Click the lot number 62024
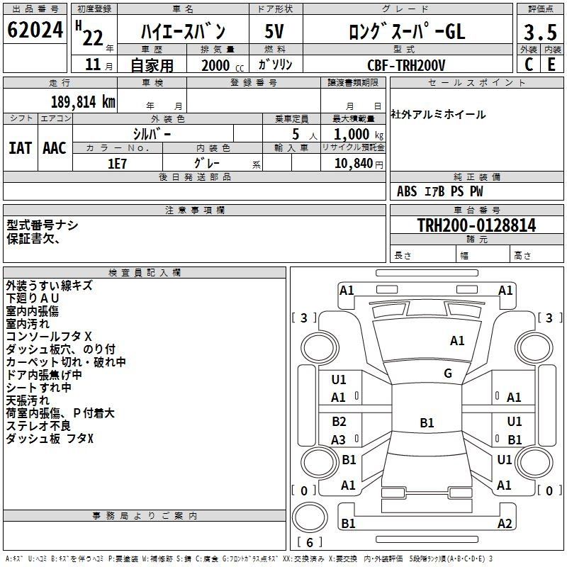point(35,30)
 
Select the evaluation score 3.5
point(540,32)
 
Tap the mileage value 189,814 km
point(83,102)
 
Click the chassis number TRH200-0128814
point(476,225)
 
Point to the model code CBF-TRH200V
point(406,65)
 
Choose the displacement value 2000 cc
point(223,66)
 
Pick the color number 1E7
point(117,164)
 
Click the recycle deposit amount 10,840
point(354,164)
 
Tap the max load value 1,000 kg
point(359,135)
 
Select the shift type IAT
point(20,148)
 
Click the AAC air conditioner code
point(55,148)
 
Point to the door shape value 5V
point(274,31)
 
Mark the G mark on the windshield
point(448,374)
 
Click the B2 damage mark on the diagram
point(339,422)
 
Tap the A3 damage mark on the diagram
point(339,439)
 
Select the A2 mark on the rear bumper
point(505,523)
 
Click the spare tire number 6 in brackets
point(310,542)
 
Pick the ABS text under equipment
point(407,191)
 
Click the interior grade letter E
point(551,64)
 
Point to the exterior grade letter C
point(529,64)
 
